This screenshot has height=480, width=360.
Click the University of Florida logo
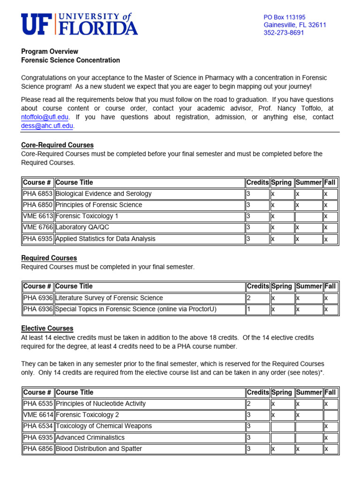pyautogui.click(x=79, y=24)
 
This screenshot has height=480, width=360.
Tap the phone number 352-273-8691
pyautogui.click(x=284, y=33)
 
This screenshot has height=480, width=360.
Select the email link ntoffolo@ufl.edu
pyautogui.click(x=45, y=117)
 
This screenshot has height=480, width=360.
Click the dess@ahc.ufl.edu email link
pyautogui.click(x=47, y=126)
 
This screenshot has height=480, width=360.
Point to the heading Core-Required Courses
pyautogui.click(x=57, y=145)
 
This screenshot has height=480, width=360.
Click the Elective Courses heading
pyautogui.click(x=47, y=329)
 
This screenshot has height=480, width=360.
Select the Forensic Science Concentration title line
pyautogui.click(x=70, y=60)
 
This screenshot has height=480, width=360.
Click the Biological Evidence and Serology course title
pyautogui.click(x=104, y=194)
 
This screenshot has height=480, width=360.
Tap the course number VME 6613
pyautogui.click(x=37, y=216)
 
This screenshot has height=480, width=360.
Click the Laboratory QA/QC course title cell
pyautogui.click(x=149, y=227)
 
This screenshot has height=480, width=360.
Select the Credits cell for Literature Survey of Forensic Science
pyautogui.click(x=257, y=298)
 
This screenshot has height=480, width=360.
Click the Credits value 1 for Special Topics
pyautogui.click(x=257, y=309)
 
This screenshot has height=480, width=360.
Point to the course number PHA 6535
pyautogui.click(x=37, y=404)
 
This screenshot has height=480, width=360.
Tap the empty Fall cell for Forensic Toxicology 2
pyautogui.click(x=330, y=415)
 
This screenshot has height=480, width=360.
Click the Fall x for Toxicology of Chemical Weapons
pyautogui.click(x=330, y=426)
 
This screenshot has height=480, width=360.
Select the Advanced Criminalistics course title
pyautogui.click(x=90, y=437)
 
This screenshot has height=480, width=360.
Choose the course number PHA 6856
pyautogui.click(x=37, y=449)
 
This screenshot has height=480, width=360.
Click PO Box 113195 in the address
pyautogui.click(x=285, y=17)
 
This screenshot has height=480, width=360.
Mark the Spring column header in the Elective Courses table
pyautogui.click(x=281, y=392)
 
